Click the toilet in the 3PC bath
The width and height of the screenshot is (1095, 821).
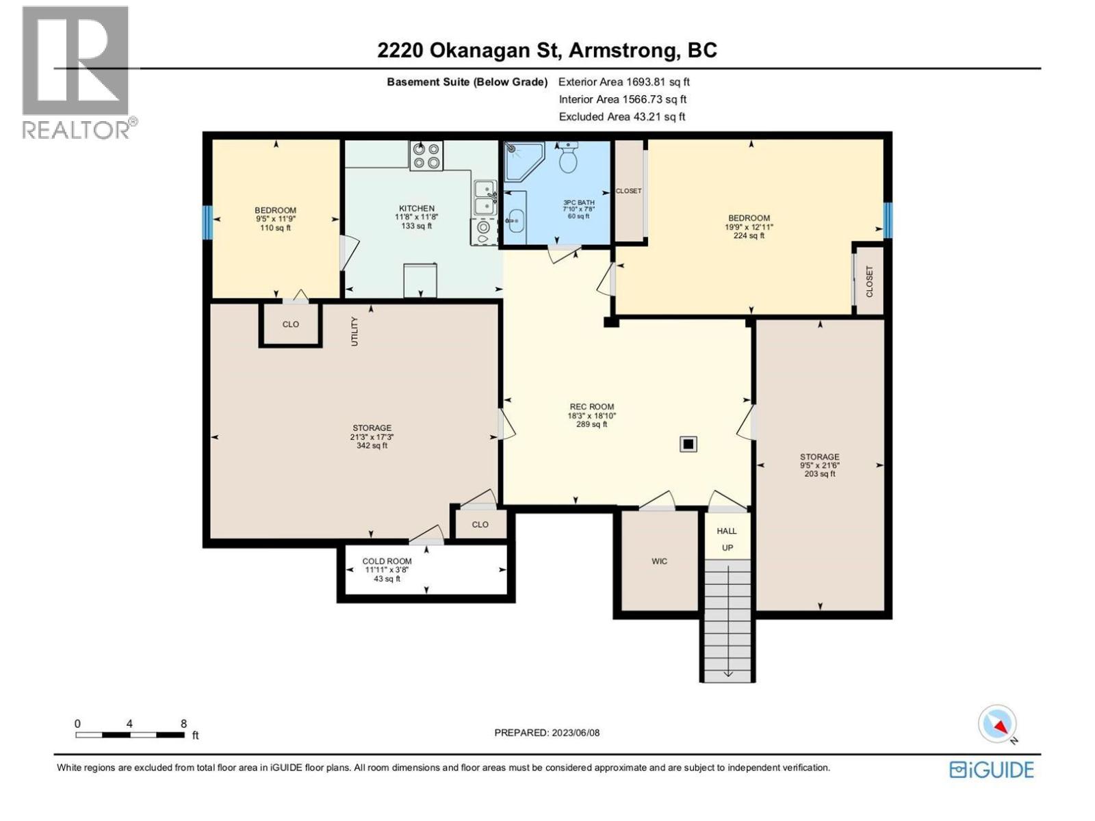tap(568, 159)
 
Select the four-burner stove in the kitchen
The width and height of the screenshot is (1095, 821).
tap(426, 156)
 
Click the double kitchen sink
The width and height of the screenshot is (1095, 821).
tap(485, 197)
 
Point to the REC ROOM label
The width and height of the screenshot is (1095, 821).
tap(591, 406)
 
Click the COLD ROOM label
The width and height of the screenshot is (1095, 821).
tap(387, 561)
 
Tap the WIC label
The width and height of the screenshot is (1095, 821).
tap(659, 561)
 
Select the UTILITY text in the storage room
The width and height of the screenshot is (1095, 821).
tap(355, 331)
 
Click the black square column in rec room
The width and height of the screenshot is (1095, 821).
tap(688, 445)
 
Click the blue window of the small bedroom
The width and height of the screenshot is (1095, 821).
tap(207, 222)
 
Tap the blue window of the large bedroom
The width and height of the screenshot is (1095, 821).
tap(887, 220)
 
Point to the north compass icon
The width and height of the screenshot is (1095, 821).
tap(998, 724)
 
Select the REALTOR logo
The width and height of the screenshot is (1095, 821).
tap(77, 72)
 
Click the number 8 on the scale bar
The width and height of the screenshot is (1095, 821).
tap(183, 724)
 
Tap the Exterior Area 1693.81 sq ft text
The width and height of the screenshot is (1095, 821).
tap(623, 82)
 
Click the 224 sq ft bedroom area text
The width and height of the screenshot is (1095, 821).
tap(749, 235)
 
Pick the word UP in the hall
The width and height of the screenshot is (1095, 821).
tap(727, 548)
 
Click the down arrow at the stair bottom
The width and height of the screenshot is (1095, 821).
tap(727, 673)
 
